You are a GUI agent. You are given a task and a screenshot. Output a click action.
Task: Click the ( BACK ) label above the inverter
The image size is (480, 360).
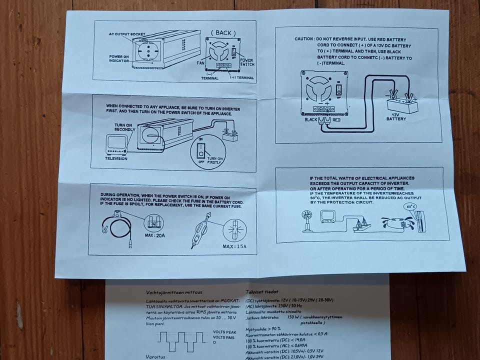(223, 32)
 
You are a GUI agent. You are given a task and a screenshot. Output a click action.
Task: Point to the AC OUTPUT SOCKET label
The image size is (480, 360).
(127, 34)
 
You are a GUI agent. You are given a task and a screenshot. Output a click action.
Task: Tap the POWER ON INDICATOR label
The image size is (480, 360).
(119, 58)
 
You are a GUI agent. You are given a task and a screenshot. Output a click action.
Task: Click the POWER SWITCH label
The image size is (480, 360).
(246, 62)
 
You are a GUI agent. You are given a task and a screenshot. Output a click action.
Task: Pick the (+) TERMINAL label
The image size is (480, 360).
(241, 78)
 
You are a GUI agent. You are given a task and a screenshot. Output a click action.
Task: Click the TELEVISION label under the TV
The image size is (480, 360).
(116, 158)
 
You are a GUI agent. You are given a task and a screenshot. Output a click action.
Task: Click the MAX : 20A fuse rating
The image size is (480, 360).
(154, 234)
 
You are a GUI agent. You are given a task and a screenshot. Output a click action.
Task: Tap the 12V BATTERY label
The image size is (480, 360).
(396, 117)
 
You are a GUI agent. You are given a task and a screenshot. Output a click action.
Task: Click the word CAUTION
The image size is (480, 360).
(303, 39)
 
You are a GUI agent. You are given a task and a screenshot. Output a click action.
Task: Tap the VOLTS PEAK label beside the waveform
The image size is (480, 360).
(224, 331)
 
